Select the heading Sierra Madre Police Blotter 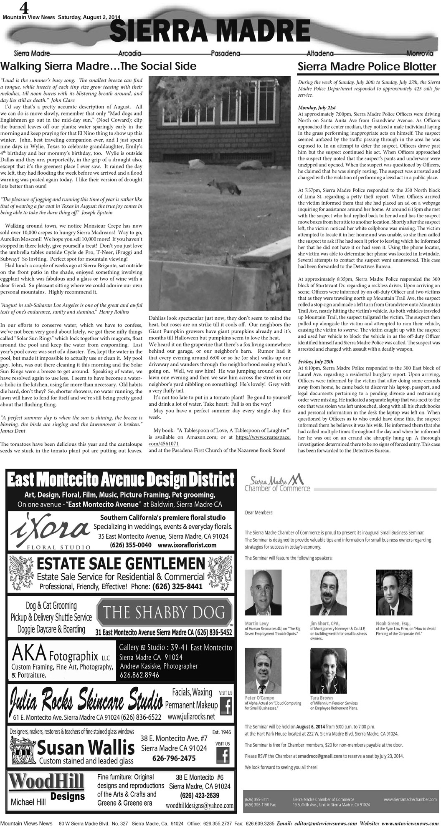tap(367, 67)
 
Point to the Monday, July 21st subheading tap(314, 108)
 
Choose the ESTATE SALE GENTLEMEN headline tap(121, 565)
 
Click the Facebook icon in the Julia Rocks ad tap(226, 705)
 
